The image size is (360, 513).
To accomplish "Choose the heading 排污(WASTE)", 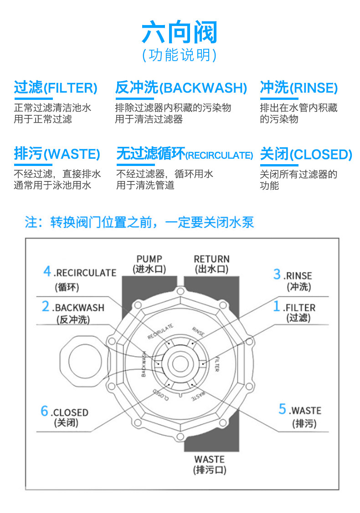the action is tap(57, 154).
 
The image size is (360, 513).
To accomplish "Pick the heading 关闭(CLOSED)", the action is tap(306, 154).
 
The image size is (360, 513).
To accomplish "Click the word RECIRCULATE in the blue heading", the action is tap(219, 155).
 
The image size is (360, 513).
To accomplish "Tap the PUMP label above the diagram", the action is tap(149, 259).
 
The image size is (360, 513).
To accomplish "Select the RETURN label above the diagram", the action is tap(211, 259).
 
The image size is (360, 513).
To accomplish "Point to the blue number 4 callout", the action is tap(47, 271).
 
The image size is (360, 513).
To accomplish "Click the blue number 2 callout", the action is tap(46, 306).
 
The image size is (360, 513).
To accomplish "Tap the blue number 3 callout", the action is tap(277, 274).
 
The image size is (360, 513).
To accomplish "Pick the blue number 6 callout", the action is tap(44, 411).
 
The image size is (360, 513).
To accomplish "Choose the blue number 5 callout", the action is tap(283, 409).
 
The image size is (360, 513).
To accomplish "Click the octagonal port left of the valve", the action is tap(85, 358).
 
